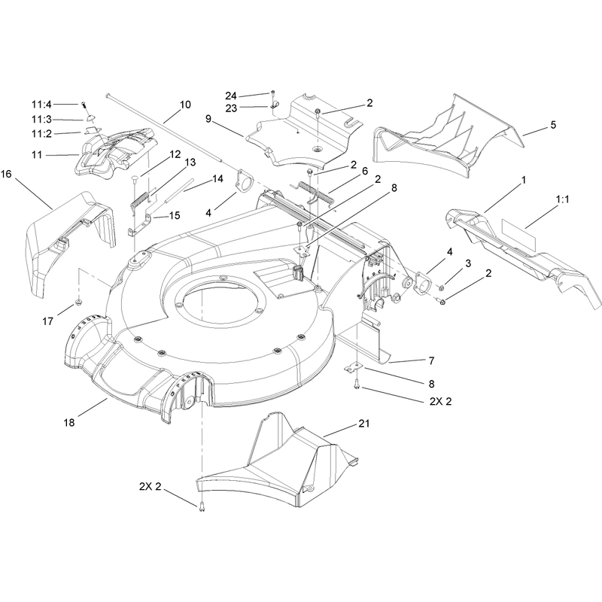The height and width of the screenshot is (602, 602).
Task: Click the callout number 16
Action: click(6, 175)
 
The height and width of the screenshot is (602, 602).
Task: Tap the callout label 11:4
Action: click(41, 104)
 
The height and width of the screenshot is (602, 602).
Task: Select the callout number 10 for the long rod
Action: click(185, 105)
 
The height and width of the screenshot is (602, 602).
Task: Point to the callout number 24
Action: click(231, 96)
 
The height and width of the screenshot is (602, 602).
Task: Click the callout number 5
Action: click(553, 125)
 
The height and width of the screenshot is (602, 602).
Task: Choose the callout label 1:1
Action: click(562, 199)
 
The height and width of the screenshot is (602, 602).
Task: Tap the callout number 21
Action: click(363, 424)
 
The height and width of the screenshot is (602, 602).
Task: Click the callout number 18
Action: click(69, 423)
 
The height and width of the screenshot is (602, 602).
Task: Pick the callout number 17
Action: click(47, 321)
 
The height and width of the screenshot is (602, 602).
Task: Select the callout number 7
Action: click(431, 361)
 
